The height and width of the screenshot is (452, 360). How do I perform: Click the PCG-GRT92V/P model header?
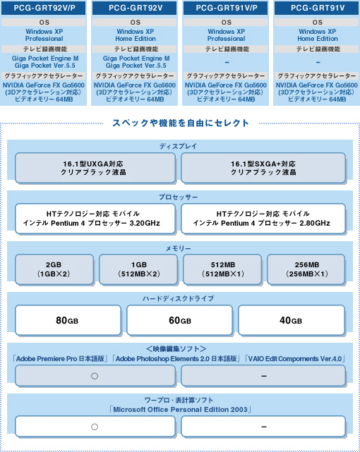tap(44, 8)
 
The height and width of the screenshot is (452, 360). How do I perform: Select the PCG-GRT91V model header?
tap(317, 8)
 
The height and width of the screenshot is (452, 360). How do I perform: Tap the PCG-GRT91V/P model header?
tap(226, 8)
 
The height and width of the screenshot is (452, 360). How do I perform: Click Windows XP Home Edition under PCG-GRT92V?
tap(136, 35)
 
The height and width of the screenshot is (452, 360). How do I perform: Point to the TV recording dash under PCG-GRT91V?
tap(318, 62)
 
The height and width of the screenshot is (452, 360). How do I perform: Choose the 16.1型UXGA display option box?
tap(95, 168)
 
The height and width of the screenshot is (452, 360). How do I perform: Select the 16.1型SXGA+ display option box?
tap(263, 168)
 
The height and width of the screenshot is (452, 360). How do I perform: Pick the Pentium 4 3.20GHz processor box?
tap(95, 219)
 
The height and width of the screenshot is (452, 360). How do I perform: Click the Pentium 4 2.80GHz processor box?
tap(263, 219)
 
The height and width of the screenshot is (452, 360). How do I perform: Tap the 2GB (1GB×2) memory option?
tap(54, 269)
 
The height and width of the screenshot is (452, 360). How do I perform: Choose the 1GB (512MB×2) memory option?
tap(138, 269)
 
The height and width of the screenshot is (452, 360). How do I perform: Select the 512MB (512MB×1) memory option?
tap(222, 269)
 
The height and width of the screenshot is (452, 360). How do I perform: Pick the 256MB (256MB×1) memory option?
tap(306, 269)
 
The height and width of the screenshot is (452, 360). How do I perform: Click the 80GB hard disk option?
tap(68, 320)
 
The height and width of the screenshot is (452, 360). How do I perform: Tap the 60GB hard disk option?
tap(179, 320)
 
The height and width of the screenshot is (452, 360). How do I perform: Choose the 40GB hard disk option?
tap(292, 320)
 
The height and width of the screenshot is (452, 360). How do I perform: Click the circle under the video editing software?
tap(95, 376)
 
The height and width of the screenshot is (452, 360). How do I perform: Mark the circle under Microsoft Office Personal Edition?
tap(95, 427)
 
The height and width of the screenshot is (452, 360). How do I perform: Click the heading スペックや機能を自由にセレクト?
tap(181, 123)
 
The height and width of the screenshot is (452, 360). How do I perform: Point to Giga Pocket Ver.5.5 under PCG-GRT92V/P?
tap(44, 66)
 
